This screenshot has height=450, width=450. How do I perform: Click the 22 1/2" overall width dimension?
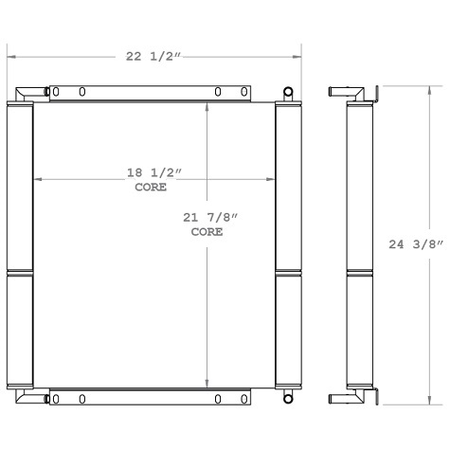(x=151, y=57)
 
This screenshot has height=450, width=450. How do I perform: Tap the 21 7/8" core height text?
(x=210, y=219)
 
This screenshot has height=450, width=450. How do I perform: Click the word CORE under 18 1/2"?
(x=151, y=188)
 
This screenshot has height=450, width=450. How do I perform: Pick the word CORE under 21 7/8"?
(x=207, y=232)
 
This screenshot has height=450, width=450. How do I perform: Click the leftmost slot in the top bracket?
(x=55, y=93)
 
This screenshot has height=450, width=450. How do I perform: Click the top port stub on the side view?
(x=338, y=93)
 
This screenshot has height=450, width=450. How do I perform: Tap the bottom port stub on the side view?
(x=338, y=399)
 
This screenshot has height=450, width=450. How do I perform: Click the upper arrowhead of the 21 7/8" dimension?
(x=208, y=107)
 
